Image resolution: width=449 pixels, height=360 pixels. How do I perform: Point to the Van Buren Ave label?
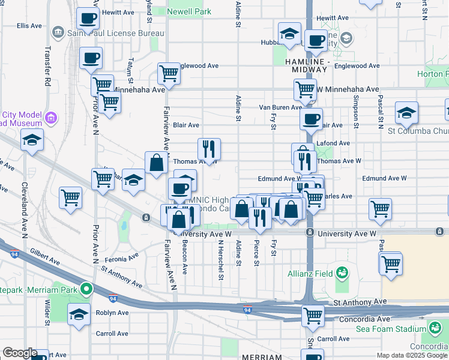[x=280, y=107]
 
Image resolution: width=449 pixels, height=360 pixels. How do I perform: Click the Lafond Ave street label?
[x=337, y=143]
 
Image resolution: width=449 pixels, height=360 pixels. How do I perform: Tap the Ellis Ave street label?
[x=29, y=25]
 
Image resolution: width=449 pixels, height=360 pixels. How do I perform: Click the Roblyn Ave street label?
[x=112, y=313]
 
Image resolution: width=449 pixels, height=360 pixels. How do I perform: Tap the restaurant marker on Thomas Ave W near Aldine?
[x=209, y=147]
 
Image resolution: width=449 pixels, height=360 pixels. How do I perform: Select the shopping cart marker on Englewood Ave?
[x=169, y=73]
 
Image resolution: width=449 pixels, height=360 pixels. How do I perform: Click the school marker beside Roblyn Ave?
[x=79, y=314]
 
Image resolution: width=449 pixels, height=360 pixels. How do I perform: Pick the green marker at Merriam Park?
[x=86, y=290]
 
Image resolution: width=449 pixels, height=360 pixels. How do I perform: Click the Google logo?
[x=20, y=353]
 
